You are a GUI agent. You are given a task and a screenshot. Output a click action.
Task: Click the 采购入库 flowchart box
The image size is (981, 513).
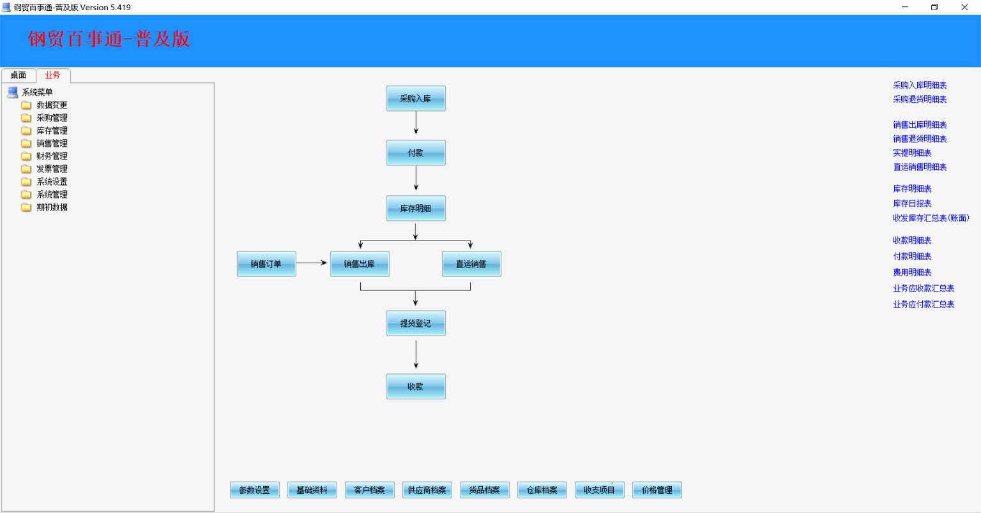click(x=416, y=98)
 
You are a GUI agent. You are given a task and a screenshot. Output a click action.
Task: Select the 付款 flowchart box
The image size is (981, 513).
click(x=416, y=152)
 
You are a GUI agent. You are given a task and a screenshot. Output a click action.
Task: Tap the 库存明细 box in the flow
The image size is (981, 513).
click(x=416, y=209)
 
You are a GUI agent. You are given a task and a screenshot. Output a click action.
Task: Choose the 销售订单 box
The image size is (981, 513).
click(x=266, y=264)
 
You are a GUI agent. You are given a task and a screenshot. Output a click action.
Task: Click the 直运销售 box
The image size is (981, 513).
click(x=471, y=264)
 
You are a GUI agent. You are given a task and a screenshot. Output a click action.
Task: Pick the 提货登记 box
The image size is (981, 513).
click(x=416, y=323)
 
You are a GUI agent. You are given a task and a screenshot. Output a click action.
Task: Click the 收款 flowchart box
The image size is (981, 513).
click(x=416, y=387)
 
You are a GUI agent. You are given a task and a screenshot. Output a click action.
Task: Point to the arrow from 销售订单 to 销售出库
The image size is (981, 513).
click(x=312, y=263)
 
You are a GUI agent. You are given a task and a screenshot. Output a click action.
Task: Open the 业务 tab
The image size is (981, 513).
click(x=52, y=75)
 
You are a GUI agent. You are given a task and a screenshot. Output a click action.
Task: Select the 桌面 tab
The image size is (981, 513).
click(x=19, y=75)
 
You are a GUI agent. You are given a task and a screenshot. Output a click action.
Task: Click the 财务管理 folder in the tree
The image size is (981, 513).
click(x=52, y=156)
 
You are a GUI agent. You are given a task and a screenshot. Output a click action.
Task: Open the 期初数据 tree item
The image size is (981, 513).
click(x=52, y=207)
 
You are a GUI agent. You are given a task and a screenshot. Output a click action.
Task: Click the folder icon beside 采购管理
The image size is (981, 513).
click(x=26, y=118)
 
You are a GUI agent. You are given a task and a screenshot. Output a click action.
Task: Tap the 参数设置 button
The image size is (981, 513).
click(x=254, y=490)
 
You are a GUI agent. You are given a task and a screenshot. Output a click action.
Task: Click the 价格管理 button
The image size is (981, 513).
click(x=657, y=490)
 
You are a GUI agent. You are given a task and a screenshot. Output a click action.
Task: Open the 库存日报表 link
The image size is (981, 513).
click(x=912, y=204)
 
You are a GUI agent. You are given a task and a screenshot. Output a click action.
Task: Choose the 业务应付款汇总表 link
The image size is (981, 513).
click(x=924, y=304)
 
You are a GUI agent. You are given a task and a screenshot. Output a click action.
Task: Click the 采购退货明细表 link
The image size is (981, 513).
click(x=920, y=100)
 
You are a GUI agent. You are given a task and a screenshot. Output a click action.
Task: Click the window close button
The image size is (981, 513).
click(x=964, y=7)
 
